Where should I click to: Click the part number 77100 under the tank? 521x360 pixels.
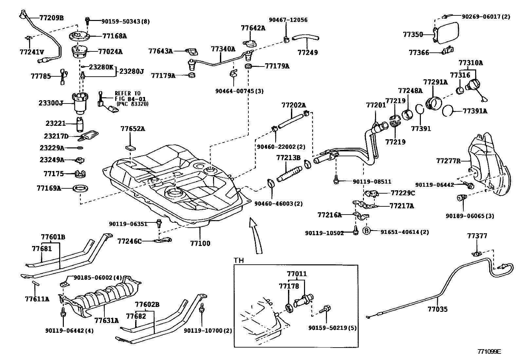[x=200, y=243]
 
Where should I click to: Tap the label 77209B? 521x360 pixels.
[x=51, y=18]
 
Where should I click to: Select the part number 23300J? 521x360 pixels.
[x=51, y=103]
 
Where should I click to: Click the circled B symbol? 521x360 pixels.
[x=367, y=232]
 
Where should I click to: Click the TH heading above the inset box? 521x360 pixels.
[x=239, y=260]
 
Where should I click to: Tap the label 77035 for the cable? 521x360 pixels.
[x=437, y=309]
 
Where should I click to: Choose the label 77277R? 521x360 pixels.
[x=448, y=161]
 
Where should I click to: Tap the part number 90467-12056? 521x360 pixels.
[x=288, y=20]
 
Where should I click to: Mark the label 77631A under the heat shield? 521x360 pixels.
[x=106, y=320]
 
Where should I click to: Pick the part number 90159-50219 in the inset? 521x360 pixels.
[x=332, y=328]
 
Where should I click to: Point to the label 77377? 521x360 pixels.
[x=477, y=236]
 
